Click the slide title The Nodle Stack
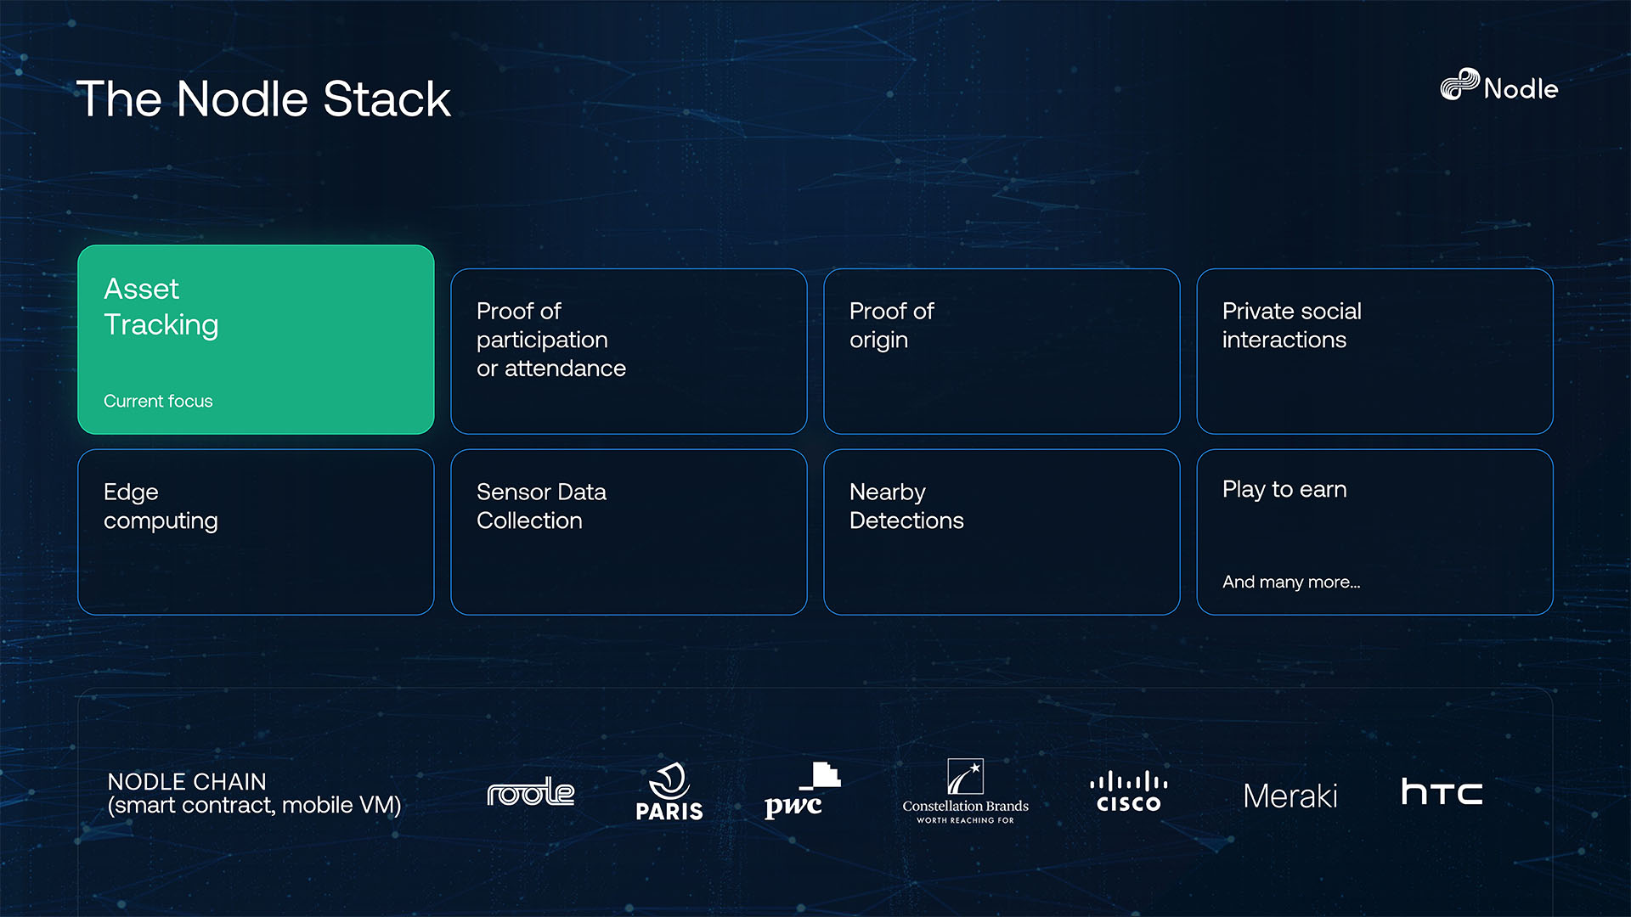[x=263, y=99]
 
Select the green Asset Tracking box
[x=256, y=340]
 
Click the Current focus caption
[x=158, y=401]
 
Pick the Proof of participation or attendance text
[x=550, y=340]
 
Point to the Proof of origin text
[x=891, y=325]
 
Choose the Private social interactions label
[x=1291, y=325]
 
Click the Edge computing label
[x=161, y=506]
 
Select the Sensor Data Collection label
[x=541, y=506]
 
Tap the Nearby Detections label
[x=906, y=506]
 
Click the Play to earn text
[x=1284, y=490]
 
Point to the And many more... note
[x=1291, y=582]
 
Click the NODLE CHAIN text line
[x=187, y=781]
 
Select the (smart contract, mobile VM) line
[x=254, y=805]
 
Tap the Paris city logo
[x=669, y=792]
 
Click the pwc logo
[x=801, y=792]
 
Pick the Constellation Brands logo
[x=965, y=792]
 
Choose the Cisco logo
[x=1128, y=792]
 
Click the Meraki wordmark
[x=1290, y=796]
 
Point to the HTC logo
[x=1442, y=792]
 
